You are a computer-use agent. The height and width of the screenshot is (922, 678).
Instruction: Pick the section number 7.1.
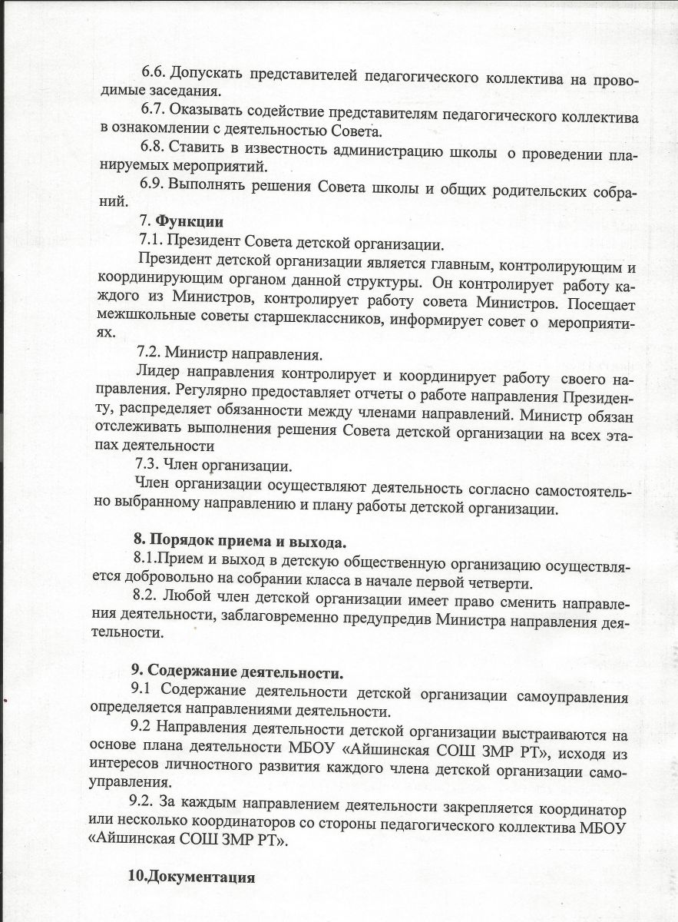150,241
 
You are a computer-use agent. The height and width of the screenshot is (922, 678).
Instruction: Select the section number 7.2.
149,354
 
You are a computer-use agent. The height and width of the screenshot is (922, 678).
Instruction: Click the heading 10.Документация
191,877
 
